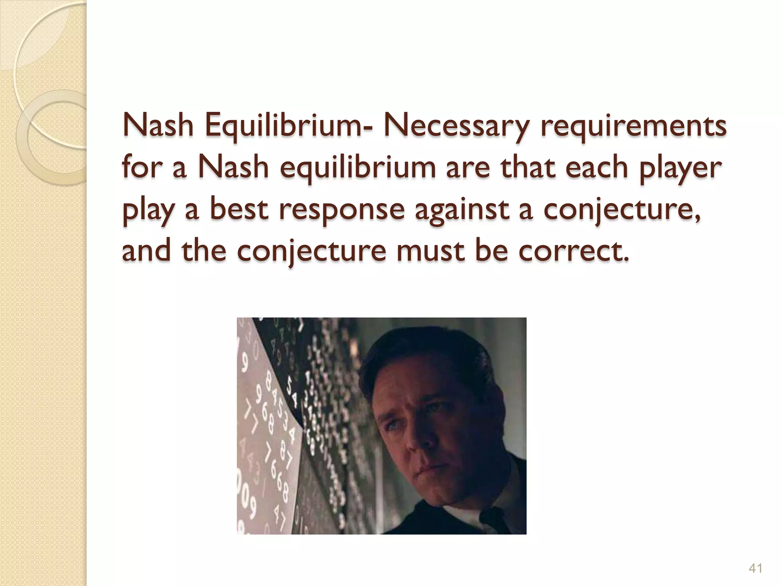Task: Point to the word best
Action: click(239, 209)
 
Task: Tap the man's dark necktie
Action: click(493, 517)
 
